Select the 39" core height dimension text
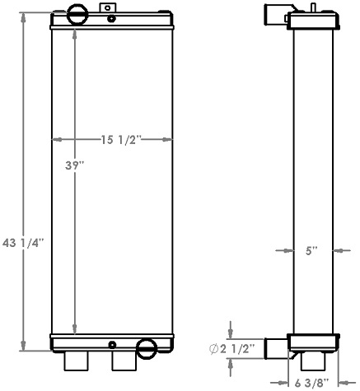(x=75, y=165)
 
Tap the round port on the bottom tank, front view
(x=147, y=347)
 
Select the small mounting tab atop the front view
(x=108, y=9)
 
